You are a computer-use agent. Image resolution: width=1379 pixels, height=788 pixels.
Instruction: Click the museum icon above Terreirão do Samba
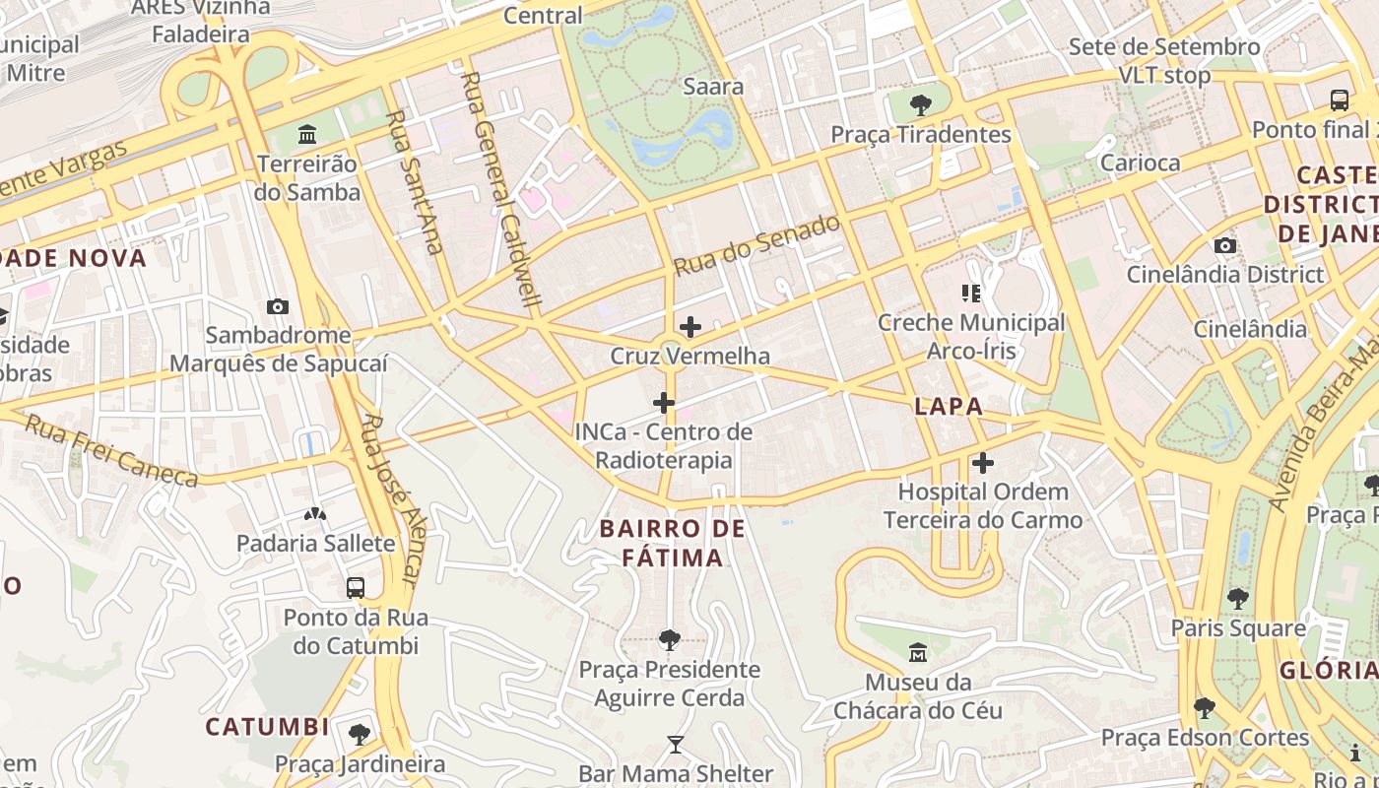(307, 134)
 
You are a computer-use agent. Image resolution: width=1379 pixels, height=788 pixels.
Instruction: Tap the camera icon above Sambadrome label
(278, 306)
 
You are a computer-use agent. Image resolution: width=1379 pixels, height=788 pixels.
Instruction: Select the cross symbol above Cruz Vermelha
(690, 327)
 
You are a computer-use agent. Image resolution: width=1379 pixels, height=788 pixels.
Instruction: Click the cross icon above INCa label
(664, 403)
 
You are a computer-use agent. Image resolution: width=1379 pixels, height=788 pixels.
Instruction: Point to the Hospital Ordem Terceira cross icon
(982, 463)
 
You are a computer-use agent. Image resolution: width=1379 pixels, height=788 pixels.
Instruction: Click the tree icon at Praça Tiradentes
(921, 104)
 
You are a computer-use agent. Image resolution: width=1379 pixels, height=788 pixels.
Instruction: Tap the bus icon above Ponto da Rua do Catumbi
(356, 588)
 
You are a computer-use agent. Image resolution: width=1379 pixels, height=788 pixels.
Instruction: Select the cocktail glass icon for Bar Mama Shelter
(675, 745)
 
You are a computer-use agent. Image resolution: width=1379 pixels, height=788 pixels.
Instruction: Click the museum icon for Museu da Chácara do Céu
(918, 652)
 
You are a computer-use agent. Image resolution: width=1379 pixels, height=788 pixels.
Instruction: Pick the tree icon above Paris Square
(1238, 599)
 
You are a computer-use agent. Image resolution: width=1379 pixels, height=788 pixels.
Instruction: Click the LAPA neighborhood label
(949, 406)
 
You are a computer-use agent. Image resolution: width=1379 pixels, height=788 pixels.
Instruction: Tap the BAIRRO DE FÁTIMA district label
(673, 544)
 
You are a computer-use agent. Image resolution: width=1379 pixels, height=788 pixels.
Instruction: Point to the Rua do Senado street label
(756, 245)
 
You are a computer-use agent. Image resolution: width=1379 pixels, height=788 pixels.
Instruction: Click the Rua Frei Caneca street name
(110, 451)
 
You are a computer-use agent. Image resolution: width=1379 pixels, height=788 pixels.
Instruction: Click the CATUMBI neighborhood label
(267, 727)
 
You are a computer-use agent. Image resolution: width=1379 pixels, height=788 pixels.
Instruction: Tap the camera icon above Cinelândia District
(1225, 245)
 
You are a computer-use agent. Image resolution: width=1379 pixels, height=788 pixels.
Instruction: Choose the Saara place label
(713, 87)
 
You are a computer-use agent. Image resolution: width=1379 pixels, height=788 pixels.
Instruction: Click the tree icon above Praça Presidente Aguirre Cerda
(670, 640)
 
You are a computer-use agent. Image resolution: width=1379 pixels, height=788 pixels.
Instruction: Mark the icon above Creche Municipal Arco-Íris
(971, 293)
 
